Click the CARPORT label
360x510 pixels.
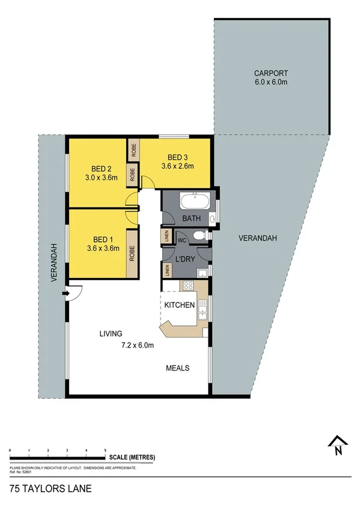(x=270, y=73)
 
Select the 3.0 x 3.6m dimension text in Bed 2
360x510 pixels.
(x=99, y=177)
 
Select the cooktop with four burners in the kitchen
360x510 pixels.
(x=188, y=287)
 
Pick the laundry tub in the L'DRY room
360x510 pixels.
(x=203, y=274)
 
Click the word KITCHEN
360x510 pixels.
(x=180, y=305)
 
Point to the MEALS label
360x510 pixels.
(x=178, y=367)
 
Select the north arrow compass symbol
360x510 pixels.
(x=338, y=446)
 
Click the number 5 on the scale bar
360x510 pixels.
(x=105, y=450)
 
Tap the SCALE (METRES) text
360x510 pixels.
(x=132, y=458)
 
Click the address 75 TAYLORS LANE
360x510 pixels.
(x=50, y=489)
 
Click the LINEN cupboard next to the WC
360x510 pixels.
(x=165, y=236)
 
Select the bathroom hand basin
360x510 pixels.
(x=213, y=218)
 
